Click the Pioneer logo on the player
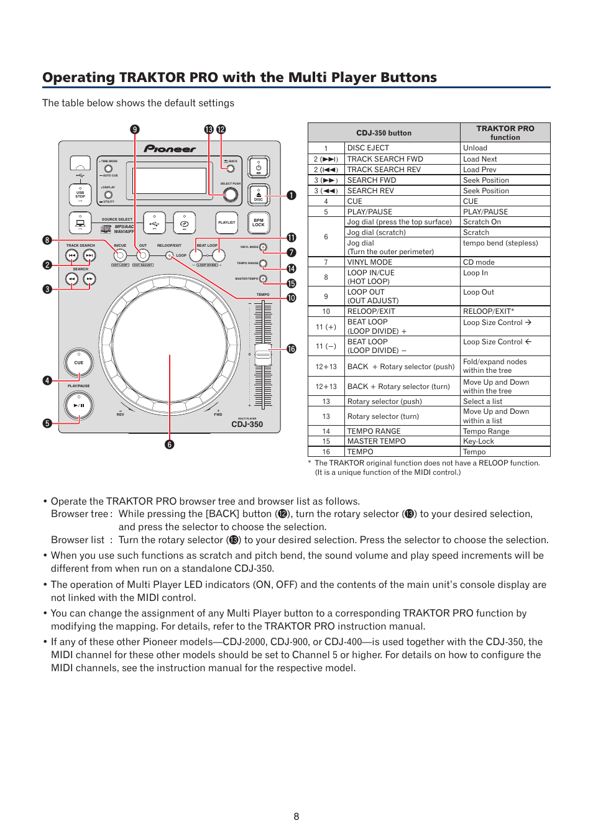(x=170, y=149)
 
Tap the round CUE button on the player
(x=79, y=363)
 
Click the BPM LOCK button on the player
(x=258, y=222)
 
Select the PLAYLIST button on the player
(x=227, y=222)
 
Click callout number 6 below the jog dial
(x=170, y=444)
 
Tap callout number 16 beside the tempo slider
(x=291, y=349)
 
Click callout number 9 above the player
(x=135, y=129)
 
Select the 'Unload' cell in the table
(x=476, y=148)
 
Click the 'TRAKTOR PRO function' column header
(x=505, y=132)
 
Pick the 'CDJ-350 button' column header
(x=384, y=133)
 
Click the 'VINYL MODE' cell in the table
(x=370, y=262)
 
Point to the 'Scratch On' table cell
(x=482, y=222)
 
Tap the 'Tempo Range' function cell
(x=486, y=431)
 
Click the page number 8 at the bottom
(x=296, y=817)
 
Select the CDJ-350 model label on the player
(x=247, y=424)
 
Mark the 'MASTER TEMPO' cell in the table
(x=377, y=441)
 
